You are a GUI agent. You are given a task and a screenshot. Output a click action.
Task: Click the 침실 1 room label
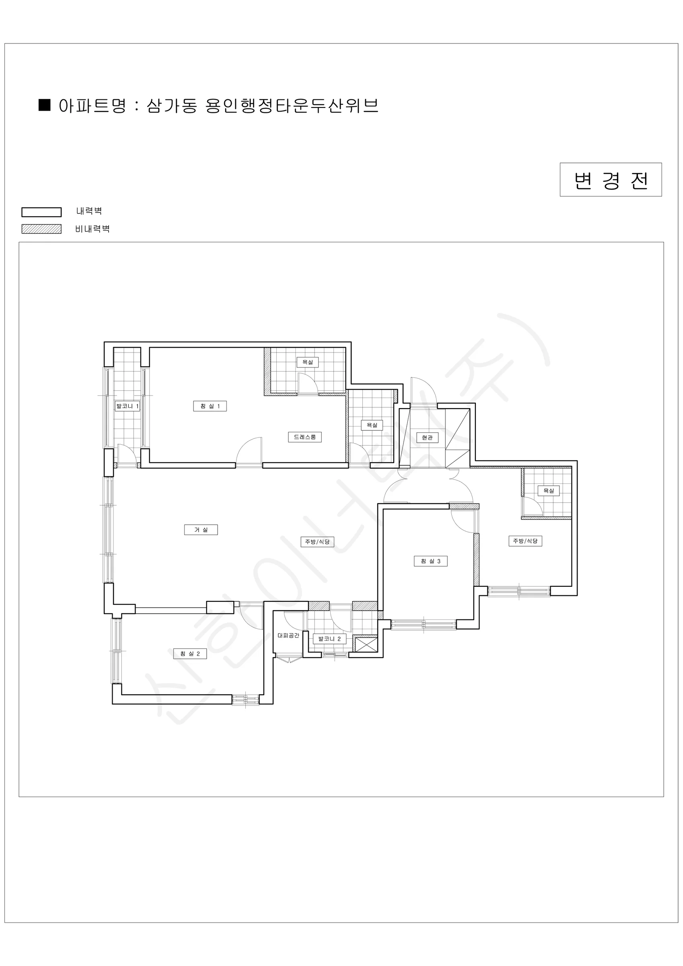[210, 406]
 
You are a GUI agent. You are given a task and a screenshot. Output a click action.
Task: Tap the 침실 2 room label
[190, 653]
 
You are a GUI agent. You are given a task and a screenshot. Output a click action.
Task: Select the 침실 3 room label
[431, 561]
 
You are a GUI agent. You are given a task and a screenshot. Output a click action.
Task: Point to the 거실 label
[201, 530]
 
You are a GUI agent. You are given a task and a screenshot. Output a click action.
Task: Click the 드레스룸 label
[305, 437]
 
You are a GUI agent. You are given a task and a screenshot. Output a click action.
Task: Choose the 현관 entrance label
[427, 438]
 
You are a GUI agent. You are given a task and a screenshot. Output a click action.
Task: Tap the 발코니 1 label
[128, 406]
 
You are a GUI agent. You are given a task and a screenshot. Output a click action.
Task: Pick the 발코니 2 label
[330, 639]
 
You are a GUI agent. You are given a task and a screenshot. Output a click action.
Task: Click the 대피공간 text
[288, 635]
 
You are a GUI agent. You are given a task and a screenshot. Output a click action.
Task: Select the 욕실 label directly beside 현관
[372, 425]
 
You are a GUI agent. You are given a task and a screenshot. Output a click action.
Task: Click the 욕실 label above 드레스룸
[308, 362]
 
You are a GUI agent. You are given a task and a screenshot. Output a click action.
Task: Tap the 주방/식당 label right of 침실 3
[525, 541]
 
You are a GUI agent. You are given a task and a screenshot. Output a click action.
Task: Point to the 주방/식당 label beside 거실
[317, 541]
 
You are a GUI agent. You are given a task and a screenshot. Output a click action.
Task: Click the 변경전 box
[611, 180]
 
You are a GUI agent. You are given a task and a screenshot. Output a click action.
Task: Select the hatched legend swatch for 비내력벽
[42, 229]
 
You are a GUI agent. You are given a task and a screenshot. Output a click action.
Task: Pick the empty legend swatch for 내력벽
[42, 212]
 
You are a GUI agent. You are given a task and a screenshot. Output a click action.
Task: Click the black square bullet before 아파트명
[45, 105]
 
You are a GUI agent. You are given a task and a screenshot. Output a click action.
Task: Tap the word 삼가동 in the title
[172, 105]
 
